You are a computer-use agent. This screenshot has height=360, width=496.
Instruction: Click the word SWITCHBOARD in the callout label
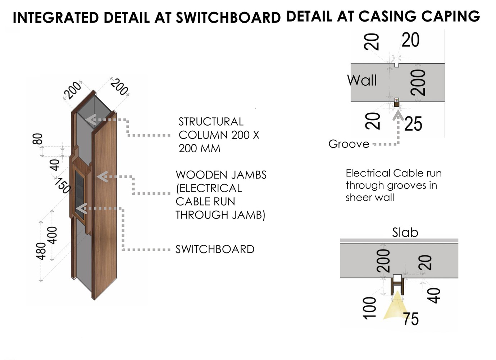215,249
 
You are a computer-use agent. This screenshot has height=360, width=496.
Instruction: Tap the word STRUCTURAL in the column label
211,122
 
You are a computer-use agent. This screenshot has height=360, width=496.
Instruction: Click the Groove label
349,144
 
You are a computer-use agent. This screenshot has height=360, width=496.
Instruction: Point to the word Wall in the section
362,80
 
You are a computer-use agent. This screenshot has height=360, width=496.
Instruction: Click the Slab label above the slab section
405,232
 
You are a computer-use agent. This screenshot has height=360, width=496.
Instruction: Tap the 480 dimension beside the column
41,251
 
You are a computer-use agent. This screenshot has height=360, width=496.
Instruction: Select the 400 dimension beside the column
53,235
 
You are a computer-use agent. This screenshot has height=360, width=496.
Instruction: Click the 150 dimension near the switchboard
62,186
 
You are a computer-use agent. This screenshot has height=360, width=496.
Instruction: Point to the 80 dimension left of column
38,139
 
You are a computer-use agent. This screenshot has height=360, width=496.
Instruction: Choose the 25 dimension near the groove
413,124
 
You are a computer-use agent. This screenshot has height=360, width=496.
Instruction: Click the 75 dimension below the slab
411,319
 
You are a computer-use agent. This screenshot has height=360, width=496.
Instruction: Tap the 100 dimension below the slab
370,308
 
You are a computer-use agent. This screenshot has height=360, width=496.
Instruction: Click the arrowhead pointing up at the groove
397,115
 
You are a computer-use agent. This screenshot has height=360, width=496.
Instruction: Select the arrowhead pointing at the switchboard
82,208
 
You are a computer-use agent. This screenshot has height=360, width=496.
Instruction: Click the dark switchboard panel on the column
80,193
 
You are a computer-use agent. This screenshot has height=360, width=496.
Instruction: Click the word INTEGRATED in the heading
56,18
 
